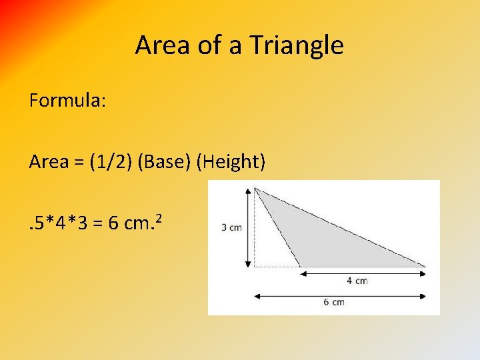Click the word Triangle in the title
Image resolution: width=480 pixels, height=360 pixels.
(297, 45)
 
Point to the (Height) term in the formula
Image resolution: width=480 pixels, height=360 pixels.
(231, 161)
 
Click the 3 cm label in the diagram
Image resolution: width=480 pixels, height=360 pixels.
(231, 227)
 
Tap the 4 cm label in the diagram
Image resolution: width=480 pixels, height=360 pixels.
(357, 281)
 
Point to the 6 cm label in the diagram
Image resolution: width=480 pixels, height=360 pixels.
(334, 302)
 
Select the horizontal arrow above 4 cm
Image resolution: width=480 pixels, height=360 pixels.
(362, 273)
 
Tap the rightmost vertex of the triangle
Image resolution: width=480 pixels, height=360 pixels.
(425, 267)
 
